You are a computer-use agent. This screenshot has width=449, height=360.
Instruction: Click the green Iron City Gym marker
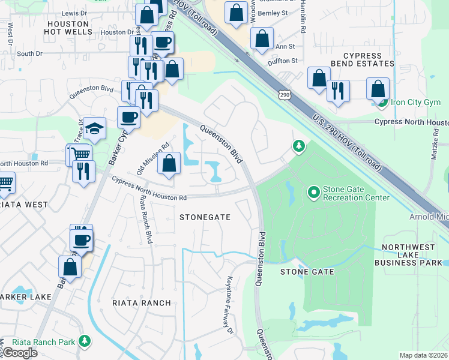(x=382, y=102)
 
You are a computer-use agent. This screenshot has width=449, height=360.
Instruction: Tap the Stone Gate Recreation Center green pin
(x=313, y=193)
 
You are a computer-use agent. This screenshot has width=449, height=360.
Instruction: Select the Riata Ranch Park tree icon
(x=85, y=342)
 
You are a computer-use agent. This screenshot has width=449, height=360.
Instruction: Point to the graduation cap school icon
(x=94, y=128)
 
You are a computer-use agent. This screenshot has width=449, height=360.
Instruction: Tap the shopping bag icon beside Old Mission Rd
(x=170, y=164)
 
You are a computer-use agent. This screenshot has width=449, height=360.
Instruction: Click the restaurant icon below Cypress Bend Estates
(x=338, y=91)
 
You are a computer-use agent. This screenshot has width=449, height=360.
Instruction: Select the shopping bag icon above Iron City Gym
(x=378, y=89)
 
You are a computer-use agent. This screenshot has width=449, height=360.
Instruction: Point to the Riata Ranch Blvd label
(x=146, y=219)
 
